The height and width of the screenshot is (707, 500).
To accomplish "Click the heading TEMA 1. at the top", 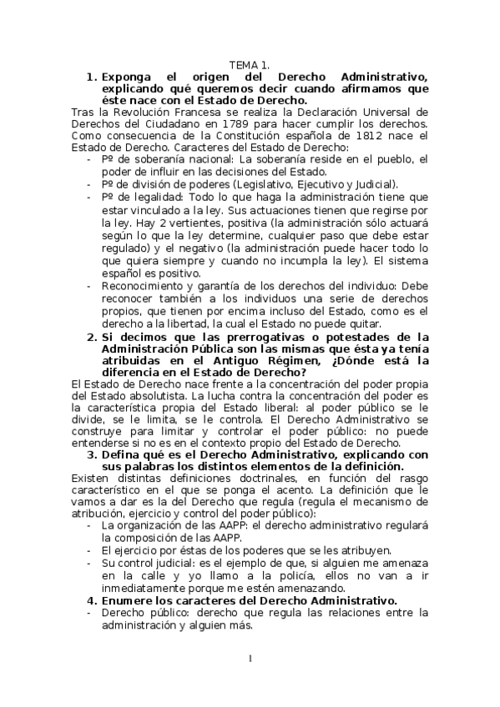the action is [x=249, y=64].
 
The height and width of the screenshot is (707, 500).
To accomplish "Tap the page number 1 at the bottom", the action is [x=249, y=660].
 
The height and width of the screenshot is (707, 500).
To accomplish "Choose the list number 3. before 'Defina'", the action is [x=92, y=455].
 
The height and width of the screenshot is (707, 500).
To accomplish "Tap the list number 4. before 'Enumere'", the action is [x=92, y=601].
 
